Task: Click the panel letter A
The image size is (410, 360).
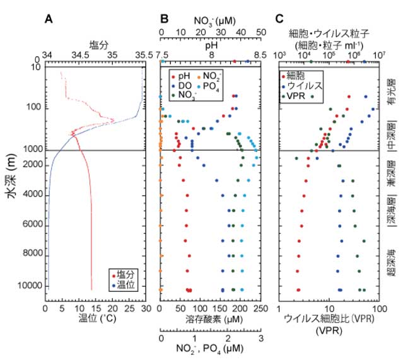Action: point(49,18)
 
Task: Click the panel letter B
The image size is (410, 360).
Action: point(163,18)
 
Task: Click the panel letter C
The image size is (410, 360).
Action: point(279,18)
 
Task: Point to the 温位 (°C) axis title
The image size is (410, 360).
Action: point(94,320)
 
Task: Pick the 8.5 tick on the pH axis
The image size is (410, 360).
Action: point(258,55)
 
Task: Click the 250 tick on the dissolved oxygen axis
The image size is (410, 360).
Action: point(258,310)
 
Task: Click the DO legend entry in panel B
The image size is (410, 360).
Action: point(187,85)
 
